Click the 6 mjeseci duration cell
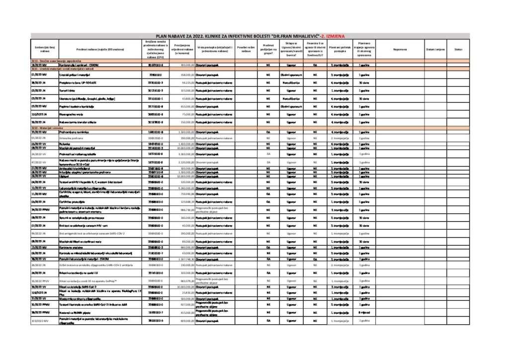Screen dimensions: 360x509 click(363, 326)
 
